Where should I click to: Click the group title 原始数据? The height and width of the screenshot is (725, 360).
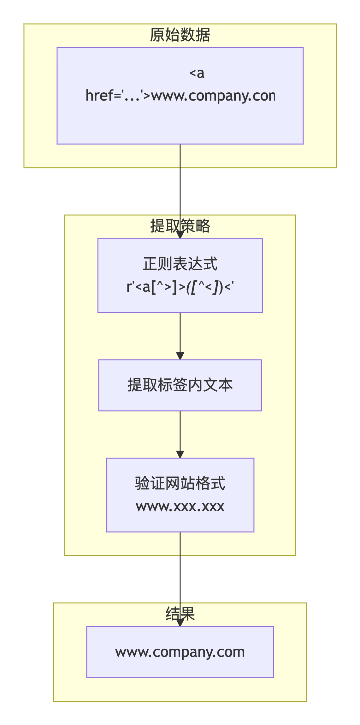(x=180, y=35)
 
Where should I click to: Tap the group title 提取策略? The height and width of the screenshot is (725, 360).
(x=180, y=226)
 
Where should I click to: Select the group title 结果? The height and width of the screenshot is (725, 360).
(x=180, y=614)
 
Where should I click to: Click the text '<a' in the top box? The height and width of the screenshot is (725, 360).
(x=197, y=73)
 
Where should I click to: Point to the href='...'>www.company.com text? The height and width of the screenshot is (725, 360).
(x=180, y=96)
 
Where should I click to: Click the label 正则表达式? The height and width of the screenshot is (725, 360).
(x=180, y=264)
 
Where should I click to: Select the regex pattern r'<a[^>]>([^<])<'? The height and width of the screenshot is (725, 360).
(x=180, y=287)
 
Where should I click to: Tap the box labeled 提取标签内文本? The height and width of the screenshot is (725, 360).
(x=180, y=385)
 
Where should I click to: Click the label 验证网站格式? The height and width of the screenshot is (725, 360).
(x=180, y=483)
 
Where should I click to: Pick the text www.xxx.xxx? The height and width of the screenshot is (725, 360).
(x=180, y=506)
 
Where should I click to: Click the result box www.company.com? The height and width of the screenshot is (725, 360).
(x=180, y=652)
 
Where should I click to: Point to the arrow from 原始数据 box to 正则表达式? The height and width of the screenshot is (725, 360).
(x=180, y=189)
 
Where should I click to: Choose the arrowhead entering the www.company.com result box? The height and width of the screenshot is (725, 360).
(x=180, y=623)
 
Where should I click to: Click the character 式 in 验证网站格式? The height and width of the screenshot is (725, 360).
(x=218, y=483)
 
